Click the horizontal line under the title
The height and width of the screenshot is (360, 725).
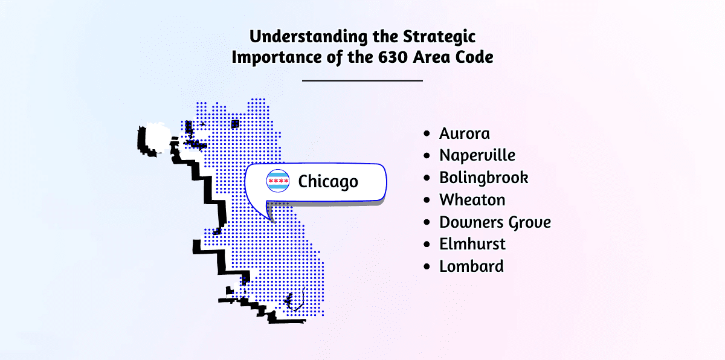(362, 80)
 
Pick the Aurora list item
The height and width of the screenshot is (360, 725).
(465, 133)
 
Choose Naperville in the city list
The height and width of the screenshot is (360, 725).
(477, 155)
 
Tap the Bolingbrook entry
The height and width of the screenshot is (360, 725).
(483, 178)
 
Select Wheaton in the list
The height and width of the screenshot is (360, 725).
(472, 199)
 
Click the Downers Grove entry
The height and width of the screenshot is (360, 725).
(495, 222)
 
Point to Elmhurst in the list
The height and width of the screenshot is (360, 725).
(472, 244)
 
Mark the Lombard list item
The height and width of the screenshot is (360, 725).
(471, 266)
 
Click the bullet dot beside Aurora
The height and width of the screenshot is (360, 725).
(427, 133)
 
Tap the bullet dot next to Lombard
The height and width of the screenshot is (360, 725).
(427, 266)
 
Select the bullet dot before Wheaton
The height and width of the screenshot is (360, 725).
(427, 200)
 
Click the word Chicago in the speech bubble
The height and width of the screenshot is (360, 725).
(328, 181)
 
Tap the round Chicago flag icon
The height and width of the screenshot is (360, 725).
(278, 181)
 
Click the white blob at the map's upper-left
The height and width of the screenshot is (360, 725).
(158, 138)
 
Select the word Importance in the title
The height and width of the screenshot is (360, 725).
(277, 57)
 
